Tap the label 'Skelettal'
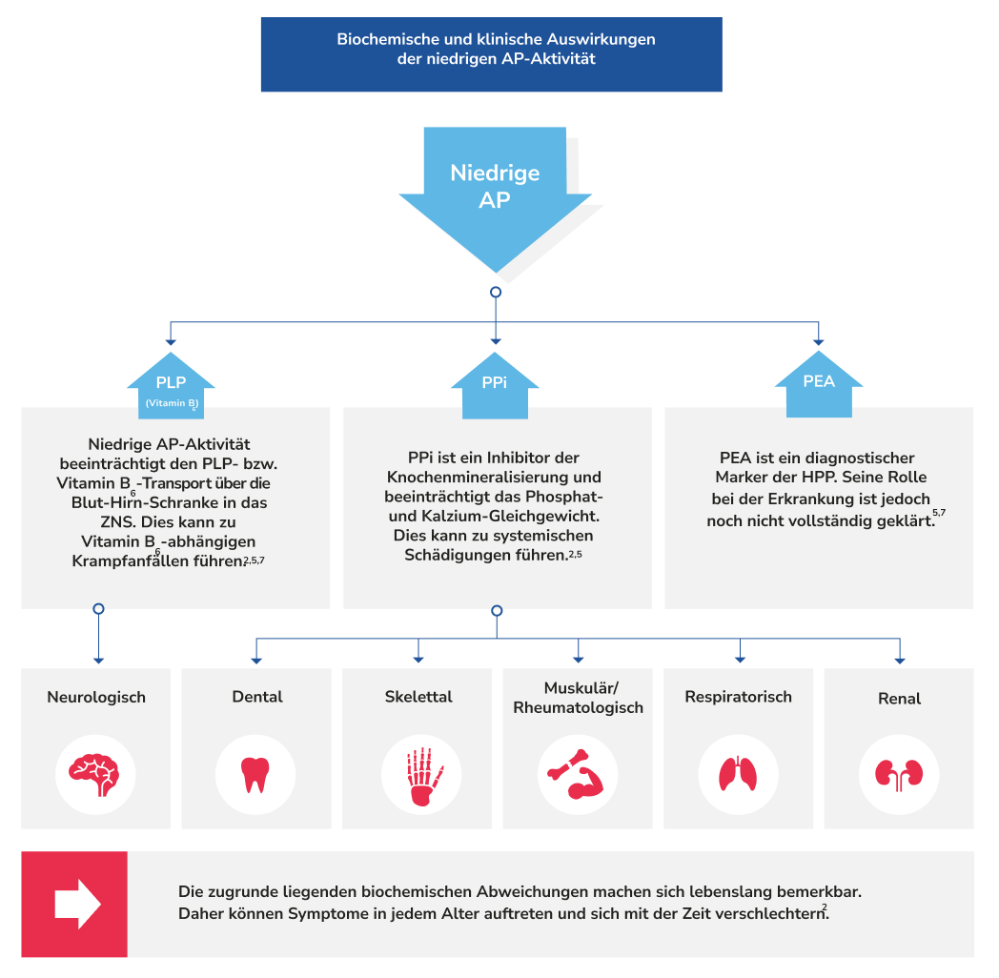pyautogui.click(x=418, y=697)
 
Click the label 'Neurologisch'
pyautogui.click(x=96, y=697)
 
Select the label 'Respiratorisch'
pyautogui.click(x=739, y=697)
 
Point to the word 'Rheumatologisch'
pyautogui.click(x=579, y=707)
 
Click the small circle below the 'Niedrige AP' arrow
pyautogui.click(x=495, y=292)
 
